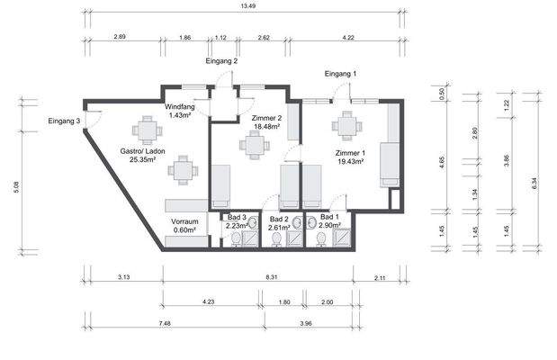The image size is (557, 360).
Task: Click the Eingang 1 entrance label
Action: [340, 74]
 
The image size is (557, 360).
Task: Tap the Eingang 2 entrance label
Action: [221, 61]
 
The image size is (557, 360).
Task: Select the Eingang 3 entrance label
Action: [64, 121]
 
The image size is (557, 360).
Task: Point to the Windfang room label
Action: [180, 106]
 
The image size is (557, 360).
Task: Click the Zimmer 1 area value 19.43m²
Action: [350, 162]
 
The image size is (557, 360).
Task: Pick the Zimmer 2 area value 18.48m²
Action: [266, 126]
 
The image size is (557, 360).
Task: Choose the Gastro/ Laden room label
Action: [142, 151]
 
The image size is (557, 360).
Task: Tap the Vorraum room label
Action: [184, 221]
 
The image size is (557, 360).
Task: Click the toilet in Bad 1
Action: [321, 238]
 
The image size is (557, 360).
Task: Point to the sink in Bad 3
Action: [253, 223]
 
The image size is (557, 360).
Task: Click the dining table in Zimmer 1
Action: [346, 126]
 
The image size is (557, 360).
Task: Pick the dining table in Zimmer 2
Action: [255, 145]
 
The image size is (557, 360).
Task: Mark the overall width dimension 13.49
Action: [247, 6]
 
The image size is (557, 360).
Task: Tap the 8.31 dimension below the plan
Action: [272, 277]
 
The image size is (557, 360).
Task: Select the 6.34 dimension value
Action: [535, 184]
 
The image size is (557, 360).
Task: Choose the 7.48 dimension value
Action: [165, 323]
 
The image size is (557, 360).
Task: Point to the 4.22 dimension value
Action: [348, 38]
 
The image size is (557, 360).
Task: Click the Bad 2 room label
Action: [279, 220]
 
